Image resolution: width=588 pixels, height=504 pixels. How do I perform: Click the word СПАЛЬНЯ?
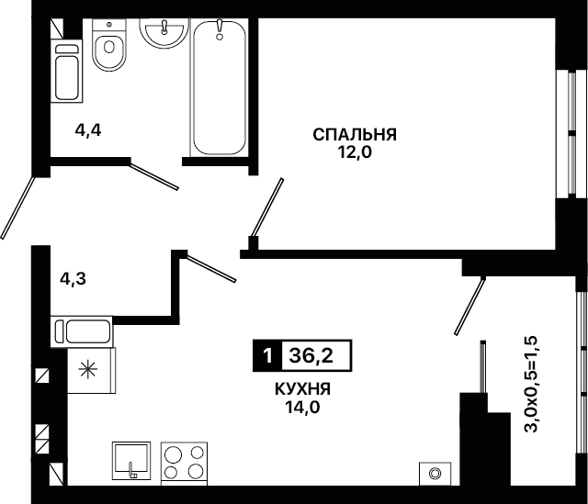355,135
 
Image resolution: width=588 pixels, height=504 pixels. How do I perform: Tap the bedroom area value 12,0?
355,152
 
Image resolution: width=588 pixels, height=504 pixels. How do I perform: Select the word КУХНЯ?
303,389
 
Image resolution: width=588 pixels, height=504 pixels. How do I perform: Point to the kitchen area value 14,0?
303,407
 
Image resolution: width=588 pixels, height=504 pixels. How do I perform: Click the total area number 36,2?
311,355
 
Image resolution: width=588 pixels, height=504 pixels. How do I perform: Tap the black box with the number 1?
266,355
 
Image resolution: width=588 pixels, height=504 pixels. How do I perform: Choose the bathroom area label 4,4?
88,130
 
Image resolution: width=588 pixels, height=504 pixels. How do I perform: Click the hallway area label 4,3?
73,279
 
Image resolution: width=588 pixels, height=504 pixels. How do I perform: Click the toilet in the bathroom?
109,45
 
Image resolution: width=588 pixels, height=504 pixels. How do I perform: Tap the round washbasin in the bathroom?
164,33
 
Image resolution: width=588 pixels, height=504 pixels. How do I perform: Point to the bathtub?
220,87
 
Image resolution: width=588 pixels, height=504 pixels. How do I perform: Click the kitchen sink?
131,461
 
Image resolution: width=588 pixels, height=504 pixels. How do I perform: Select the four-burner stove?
184,463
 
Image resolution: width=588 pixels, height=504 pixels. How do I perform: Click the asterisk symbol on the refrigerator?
88,370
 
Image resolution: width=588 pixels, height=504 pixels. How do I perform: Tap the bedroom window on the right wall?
571,133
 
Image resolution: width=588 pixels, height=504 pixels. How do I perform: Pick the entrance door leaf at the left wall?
17,208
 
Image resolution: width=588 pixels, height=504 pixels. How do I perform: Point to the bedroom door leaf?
267,207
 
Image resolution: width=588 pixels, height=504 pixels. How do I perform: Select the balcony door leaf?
469,306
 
